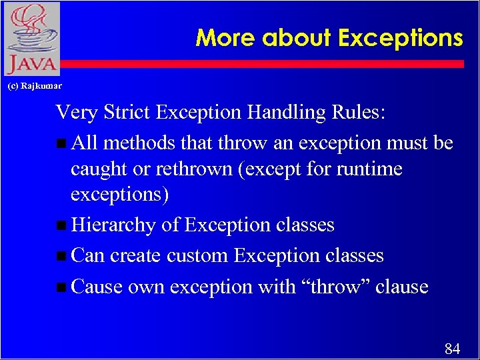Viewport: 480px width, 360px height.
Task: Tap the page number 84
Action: (x=452, y=349)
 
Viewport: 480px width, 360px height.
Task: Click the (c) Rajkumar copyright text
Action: (x=34, y=86)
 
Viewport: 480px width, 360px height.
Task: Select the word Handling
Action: (x=287, y=112)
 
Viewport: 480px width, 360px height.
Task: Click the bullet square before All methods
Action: (x=61, y=144)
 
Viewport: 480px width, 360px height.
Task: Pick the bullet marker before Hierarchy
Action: (x=61, y=226)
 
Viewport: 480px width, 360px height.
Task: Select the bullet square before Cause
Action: (x=61, y=288)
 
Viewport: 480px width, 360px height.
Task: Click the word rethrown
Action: (x=188, y=169)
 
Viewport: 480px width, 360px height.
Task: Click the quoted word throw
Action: (x=337, y=287)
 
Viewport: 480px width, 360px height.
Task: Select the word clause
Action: (x=402, y=287)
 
